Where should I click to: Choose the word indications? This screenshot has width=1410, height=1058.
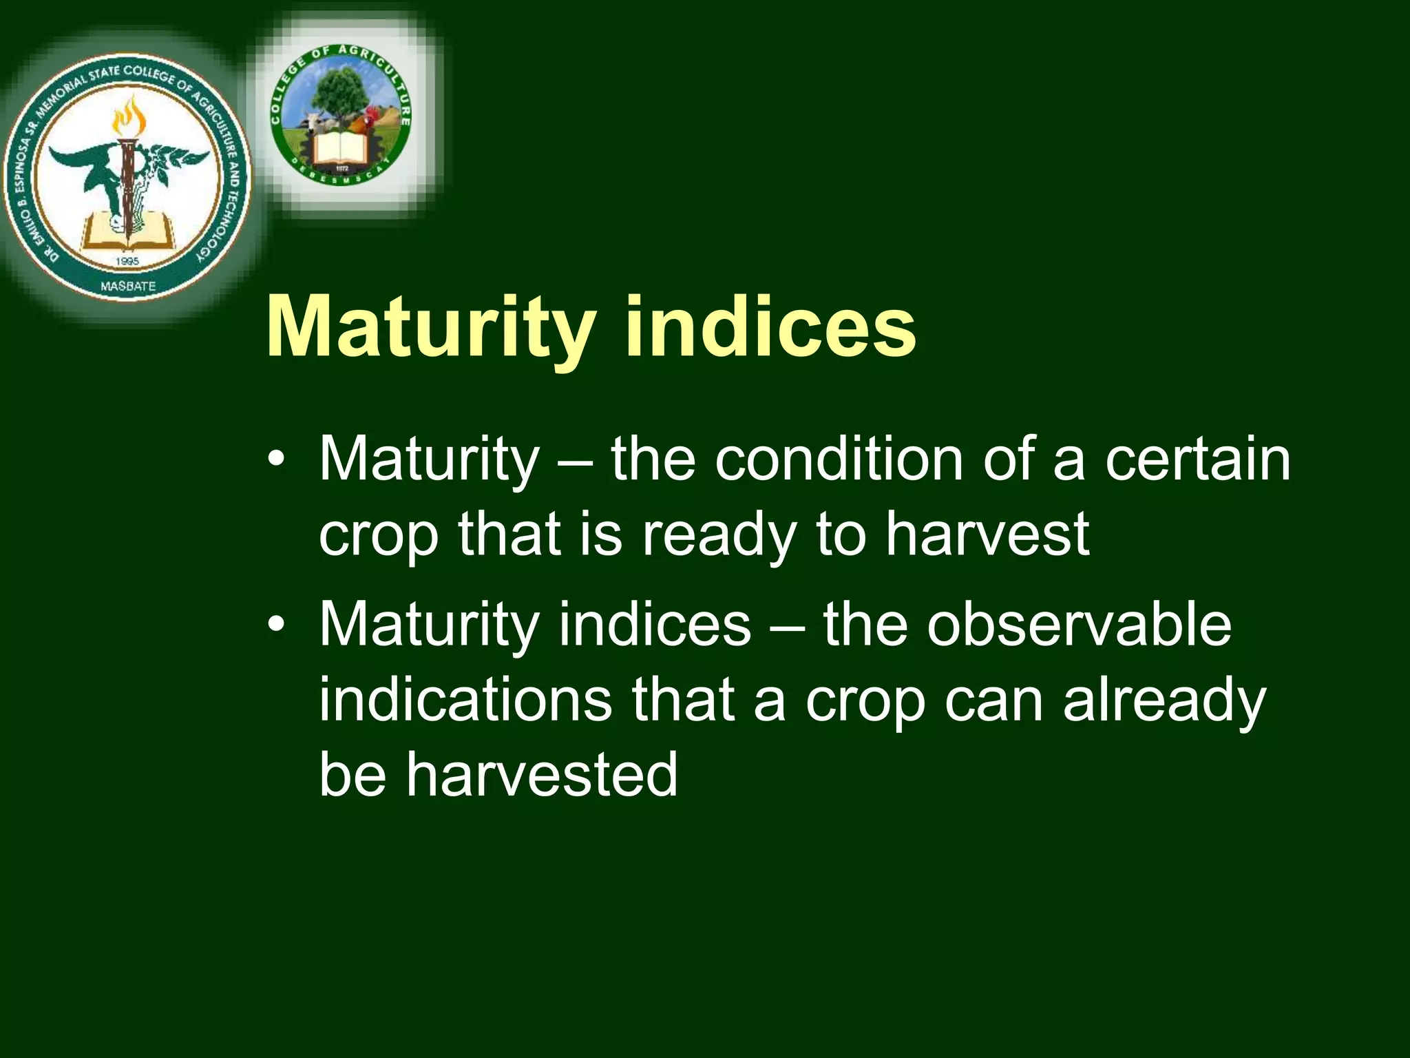465,699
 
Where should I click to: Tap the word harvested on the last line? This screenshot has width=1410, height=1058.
541,774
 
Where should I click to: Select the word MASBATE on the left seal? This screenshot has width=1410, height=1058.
128,285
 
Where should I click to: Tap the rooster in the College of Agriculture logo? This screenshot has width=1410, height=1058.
367,124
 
